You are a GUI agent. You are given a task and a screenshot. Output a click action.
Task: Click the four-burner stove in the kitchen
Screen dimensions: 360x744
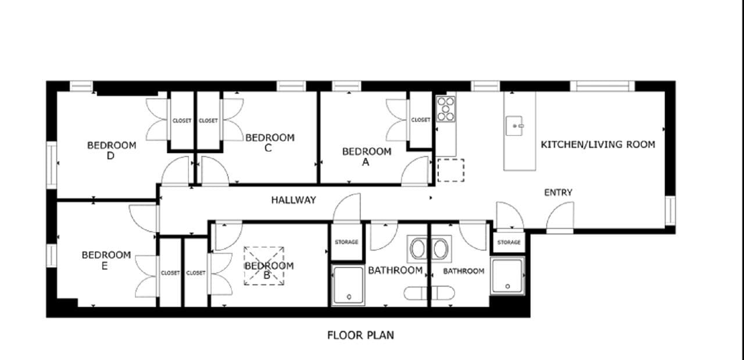(x=446, y=109)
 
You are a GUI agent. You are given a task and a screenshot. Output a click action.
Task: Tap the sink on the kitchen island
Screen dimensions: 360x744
(x=514, y=126)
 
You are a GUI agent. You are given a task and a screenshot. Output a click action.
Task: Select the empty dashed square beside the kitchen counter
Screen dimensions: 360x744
(x=450, y=169)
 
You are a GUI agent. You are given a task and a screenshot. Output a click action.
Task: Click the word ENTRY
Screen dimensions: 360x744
(x=558, y=193)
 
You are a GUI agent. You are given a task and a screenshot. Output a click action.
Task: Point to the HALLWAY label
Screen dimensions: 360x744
(x=294, y=200)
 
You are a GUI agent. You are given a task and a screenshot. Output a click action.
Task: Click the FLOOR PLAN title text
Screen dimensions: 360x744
(x=360, y=335)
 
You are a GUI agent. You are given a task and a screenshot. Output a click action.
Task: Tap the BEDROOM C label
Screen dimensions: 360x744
(x=270, y=142)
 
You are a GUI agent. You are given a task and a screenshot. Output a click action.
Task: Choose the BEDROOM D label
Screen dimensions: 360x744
(x=112, y=150)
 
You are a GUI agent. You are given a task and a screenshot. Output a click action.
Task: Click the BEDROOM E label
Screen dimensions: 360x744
(x=106, y=260)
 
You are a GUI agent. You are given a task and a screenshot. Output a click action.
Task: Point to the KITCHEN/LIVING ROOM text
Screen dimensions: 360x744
(x=598, y=144)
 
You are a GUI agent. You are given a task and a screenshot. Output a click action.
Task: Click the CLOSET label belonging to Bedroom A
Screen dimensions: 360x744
(x=420, y=120)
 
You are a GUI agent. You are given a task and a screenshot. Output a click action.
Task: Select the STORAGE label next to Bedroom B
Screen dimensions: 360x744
(x=346, y=242)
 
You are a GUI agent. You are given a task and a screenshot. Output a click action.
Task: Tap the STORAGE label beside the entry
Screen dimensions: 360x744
(x=509, y=242)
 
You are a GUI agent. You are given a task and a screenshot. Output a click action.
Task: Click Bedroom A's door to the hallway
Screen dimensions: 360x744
(x=416, y=172)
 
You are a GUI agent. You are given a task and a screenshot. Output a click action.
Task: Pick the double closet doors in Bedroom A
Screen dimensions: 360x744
(x=398, y=120)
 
